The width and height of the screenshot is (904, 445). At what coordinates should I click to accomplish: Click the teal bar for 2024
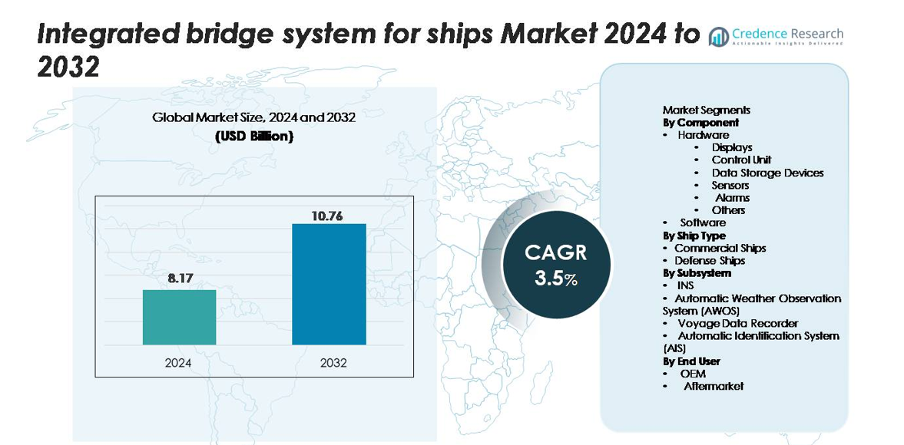[179, 317]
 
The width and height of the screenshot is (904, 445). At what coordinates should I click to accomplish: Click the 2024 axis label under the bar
[178, 362]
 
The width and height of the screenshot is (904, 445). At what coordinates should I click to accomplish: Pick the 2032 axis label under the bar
[333, 362]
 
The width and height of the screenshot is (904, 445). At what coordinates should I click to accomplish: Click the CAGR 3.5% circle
[556, 265]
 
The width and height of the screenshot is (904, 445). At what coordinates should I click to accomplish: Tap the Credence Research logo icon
[719, 36]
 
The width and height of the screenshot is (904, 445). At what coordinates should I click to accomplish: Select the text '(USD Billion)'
[253, 136]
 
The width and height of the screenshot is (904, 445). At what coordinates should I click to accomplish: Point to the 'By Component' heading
[700, 122]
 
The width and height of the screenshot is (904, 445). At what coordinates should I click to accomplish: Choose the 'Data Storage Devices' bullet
[767, 173]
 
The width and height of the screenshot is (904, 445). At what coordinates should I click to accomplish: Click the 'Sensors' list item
[730, 185]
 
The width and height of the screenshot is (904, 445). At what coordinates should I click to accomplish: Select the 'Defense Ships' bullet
[710, 260]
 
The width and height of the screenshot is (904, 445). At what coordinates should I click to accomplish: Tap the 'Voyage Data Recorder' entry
[737, 323]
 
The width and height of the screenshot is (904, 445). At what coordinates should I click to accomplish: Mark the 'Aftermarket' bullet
[714, 386]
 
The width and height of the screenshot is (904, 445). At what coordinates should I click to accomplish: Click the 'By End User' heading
[691, 361]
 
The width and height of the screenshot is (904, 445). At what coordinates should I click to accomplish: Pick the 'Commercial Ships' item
[720, 248]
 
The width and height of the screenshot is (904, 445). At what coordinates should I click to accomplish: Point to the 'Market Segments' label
[706, 110]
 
